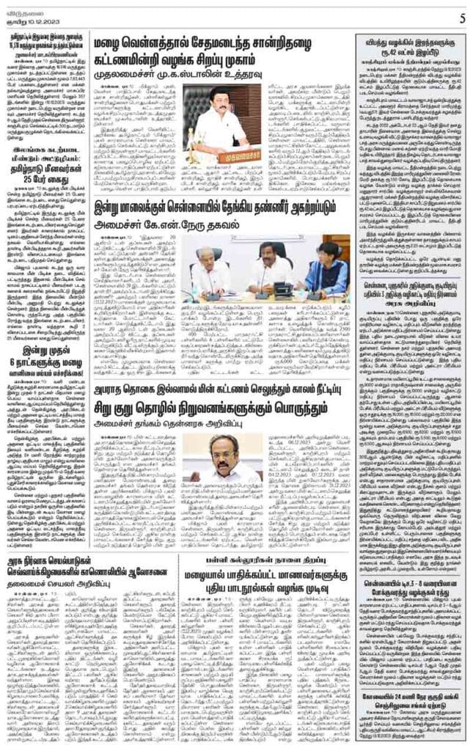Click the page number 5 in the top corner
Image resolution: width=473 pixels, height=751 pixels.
463,18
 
